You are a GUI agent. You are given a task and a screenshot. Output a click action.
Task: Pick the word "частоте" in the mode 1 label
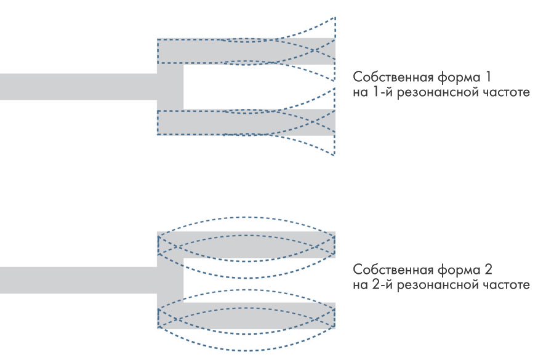pos(505,93)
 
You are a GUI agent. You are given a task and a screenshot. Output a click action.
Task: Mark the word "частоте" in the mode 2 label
pos(505,286)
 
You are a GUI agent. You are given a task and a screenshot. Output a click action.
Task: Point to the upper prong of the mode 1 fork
pos(246,51)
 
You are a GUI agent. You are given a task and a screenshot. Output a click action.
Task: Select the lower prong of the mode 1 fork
pos(246,122)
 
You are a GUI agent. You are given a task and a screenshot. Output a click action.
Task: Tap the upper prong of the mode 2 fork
pos(246,244)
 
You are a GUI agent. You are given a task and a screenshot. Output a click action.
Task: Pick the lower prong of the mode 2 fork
pos(246,315)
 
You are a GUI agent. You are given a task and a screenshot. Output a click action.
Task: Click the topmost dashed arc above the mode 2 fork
pos(246,217)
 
